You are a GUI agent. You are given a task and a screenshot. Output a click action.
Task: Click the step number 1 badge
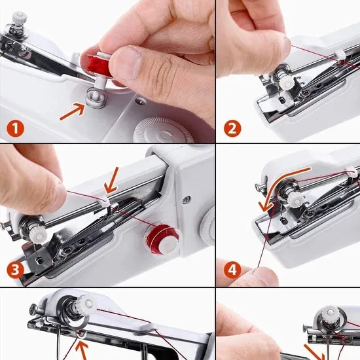click(x=15, y=128)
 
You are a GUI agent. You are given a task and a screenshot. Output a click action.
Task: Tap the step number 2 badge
click(x=232, y=128)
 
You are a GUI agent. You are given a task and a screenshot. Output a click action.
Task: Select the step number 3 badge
click(x=15, y=270)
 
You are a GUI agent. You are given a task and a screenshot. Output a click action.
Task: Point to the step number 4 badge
click(x=232, y=270)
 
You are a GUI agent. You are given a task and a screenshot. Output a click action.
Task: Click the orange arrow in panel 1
click(x=72, y=111)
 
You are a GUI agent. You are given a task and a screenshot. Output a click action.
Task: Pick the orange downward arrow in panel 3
click(x=113, y=180)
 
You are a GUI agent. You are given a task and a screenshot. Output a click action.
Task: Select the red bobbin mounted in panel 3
click(x=162, y=239)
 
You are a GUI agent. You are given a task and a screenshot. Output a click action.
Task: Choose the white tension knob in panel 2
click(x=285, y=82)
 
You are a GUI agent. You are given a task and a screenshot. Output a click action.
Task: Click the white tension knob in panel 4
click(x=296, y=200)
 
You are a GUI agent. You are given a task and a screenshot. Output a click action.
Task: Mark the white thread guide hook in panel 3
click(x=105, y=201)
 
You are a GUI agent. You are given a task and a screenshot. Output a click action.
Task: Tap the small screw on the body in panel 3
click(x=187, y=200)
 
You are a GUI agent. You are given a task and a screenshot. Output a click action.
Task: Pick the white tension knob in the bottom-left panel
click(x=87, y=303)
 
